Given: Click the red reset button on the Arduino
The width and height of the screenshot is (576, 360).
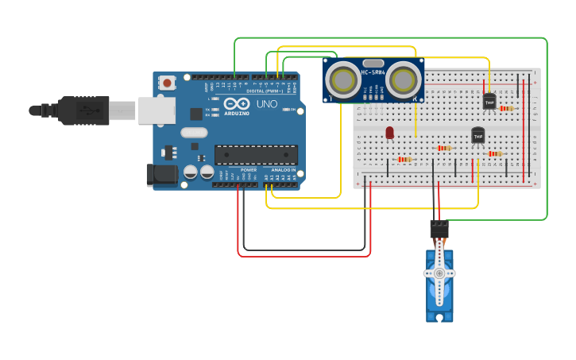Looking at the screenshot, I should pos(167,82).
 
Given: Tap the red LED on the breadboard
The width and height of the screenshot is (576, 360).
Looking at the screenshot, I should pos(389,133).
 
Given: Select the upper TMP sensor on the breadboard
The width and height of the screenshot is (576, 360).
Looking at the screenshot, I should pos(489,101).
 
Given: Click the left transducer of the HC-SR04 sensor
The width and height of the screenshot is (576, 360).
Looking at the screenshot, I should pos(343,79).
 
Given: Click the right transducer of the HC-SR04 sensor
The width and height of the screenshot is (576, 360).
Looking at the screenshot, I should pos(404,79).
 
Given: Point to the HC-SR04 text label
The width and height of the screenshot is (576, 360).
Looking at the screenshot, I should pos(373,72).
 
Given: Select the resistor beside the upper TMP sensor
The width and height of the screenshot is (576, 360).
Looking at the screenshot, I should pos(506,108).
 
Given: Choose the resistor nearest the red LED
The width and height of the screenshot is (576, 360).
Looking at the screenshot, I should pos(404,159).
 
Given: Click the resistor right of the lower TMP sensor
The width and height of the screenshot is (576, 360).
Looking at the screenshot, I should pos(495,153).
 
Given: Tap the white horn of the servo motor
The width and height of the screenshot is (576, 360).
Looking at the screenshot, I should pos(439,273).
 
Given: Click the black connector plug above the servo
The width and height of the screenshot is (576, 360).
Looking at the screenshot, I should pos(439,229).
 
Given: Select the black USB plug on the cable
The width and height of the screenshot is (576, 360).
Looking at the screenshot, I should pos(83,110).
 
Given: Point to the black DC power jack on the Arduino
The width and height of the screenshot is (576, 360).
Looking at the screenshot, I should pos(162,175).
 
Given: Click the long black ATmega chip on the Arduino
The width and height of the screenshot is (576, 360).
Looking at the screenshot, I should pos(256,154).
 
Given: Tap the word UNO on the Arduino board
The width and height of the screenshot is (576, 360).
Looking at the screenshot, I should pos(266,104).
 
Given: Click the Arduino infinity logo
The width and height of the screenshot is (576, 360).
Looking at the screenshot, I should pos(236,104).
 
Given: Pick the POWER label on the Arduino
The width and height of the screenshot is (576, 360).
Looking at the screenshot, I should pos(249,169).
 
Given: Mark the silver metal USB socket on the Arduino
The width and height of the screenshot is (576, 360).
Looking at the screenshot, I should pos(157,110).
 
